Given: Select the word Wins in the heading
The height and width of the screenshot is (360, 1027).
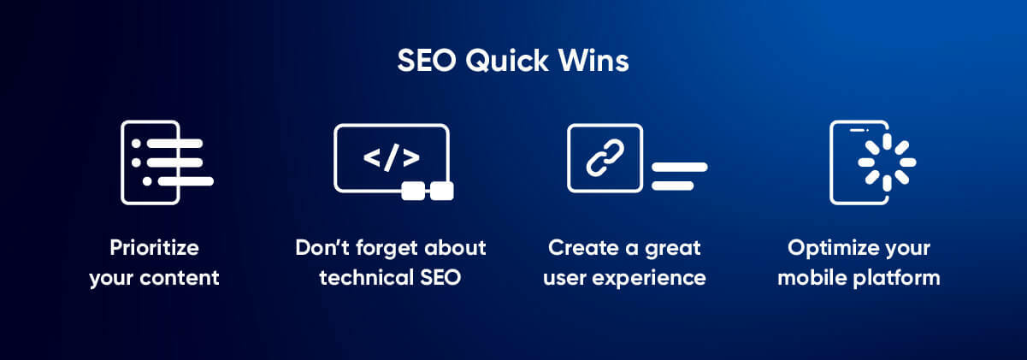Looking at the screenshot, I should [590, 62].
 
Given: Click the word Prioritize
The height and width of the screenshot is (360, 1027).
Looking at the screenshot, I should [154, 248].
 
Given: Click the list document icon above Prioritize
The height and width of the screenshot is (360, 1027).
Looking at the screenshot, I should [162, 162].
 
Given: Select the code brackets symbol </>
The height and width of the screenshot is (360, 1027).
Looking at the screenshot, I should [391, 158].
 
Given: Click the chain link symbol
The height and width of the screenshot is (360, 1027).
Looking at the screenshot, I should [605, 158].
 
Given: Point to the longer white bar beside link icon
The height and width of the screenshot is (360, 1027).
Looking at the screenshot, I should [680, 167].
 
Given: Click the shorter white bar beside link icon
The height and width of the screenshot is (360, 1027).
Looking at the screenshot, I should [672, 186].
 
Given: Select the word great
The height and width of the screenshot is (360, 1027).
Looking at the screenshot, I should [671, 248].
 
